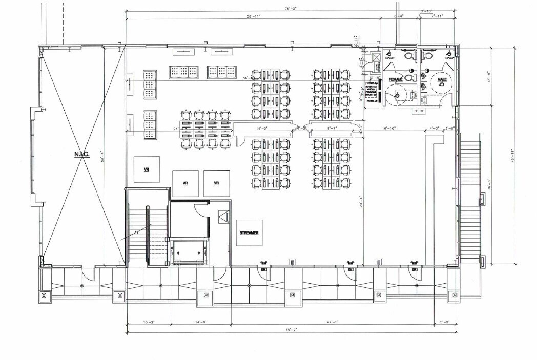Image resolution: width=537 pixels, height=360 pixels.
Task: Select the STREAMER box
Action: [x=249, y=233]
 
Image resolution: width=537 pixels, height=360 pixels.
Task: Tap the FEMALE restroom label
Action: [x=396, y=80]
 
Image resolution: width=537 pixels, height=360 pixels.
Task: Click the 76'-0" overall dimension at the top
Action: [x=291, y=8]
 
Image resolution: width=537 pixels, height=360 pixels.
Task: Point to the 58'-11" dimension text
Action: [x=253, y=17]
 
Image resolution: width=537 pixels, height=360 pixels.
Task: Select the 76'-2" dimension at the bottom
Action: [x=291, y=331]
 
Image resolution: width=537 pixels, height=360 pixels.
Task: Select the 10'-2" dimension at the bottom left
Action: [x=148, y=322]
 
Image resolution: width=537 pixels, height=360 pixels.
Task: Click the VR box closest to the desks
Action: [x=216, y=183]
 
